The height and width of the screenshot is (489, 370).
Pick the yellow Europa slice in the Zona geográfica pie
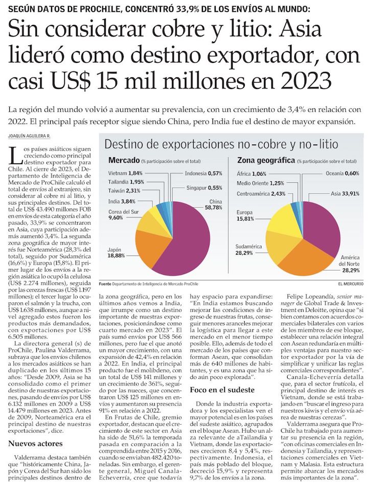[286, 214]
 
